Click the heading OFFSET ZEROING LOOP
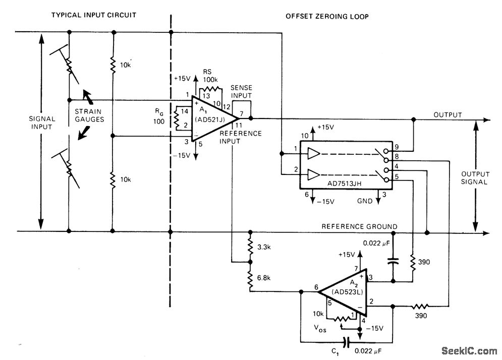pos(327,16)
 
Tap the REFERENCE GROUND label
pos(359,226)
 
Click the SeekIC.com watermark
pos(469,351)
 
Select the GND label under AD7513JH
pos(365,201)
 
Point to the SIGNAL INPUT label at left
pos(42,123)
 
